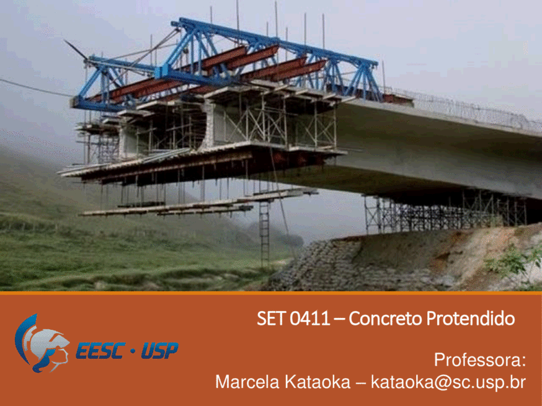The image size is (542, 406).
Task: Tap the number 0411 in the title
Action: coord(310,318)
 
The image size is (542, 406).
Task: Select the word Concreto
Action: coord(385,318)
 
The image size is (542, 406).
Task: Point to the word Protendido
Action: coord(471,318)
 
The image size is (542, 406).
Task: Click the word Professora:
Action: coord(480,360)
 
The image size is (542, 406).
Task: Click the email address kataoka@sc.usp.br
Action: coord(448,382)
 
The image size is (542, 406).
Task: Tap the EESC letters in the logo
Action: coord(100,351)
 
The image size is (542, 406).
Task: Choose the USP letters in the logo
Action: coord(160,351)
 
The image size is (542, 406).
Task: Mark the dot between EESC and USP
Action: coord(133,351)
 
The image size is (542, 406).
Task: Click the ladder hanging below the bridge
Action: coord(264,234)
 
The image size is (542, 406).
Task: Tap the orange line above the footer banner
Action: coord(271,293)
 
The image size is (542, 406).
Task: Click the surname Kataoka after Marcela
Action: coord(318,382)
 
